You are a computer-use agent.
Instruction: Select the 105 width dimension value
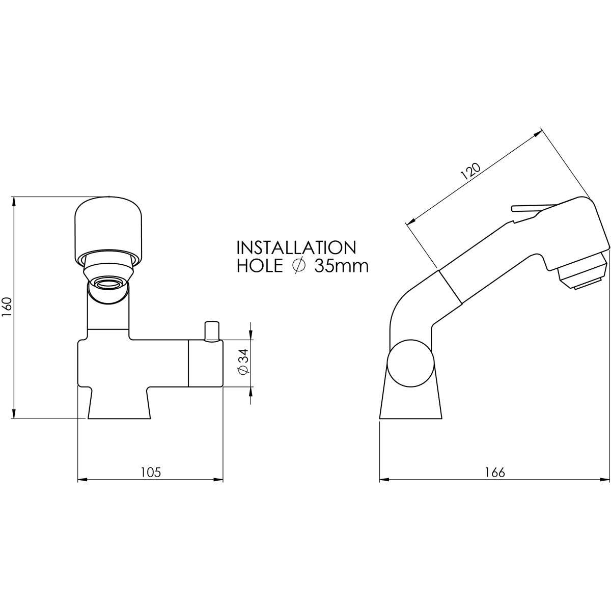coord(150,472)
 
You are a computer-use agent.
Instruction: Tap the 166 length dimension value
coord(494,472)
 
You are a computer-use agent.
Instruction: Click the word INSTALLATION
coord(296,247)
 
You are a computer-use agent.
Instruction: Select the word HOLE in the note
coord(259,266)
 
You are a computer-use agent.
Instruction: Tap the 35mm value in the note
coord(341,266)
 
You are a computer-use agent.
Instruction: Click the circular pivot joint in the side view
coord(410,366)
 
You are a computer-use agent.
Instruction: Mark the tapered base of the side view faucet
coord(410,405)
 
